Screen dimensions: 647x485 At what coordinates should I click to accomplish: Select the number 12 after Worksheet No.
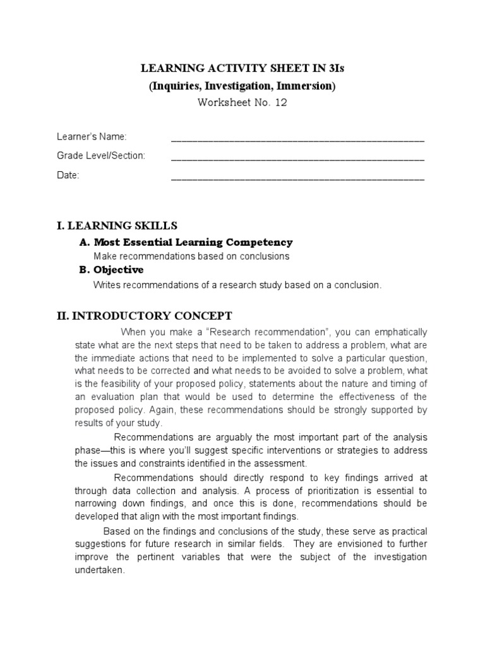pos(280,103)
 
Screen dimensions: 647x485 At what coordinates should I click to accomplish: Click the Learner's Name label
pos(92,137)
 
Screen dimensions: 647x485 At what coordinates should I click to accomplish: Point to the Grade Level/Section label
pos(101,156)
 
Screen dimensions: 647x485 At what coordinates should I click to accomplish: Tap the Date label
pos(68,176)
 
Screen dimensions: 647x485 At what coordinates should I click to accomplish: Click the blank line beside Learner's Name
pos(297,138)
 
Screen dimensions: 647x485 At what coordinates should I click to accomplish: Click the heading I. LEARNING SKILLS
pos(117,225)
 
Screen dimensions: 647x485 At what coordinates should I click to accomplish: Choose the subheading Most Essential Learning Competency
pos(193,242)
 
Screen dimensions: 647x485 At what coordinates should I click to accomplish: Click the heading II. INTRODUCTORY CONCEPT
pos(145,315)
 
